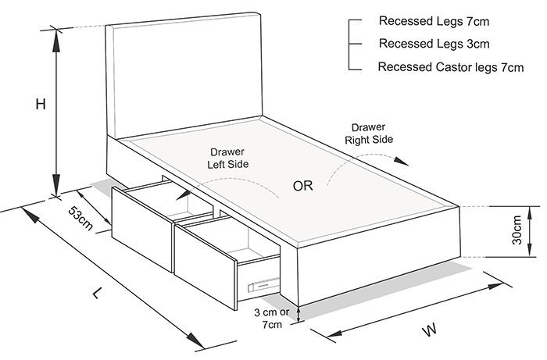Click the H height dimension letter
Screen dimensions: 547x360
point(41,104)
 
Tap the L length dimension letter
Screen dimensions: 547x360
point(98,293)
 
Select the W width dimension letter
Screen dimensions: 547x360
point(430,330)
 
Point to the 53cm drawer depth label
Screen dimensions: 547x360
point(81,218)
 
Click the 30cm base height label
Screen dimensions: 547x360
point(517,230)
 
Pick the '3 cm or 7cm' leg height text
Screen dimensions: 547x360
point(272,318)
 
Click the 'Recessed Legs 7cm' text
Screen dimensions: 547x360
point(434,21)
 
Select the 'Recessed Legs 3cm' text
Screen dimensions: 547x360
point(434,44)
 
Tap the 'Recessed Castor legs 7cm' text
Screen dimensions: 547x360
point(451,66)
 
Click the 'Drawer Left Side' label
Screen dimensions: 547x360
point(228,158)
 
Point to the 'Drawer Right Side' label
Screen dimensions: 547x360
point(369,134)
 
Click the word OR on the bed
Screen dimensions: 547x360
point(303,186)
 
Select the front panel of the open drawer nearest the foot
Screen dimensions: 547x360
point(206,266)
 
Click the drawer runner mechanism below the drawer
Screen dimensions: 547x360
point(264,284)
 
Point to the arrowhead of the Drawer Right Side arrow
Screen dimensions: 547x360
point(402,162)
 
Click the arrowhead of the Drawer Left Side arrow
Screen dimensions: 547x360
point(182,194)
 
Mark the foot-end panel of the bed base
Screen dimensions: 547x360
point(378,256)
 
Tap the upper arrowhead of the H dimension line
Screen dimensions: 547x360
point(56,40)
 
